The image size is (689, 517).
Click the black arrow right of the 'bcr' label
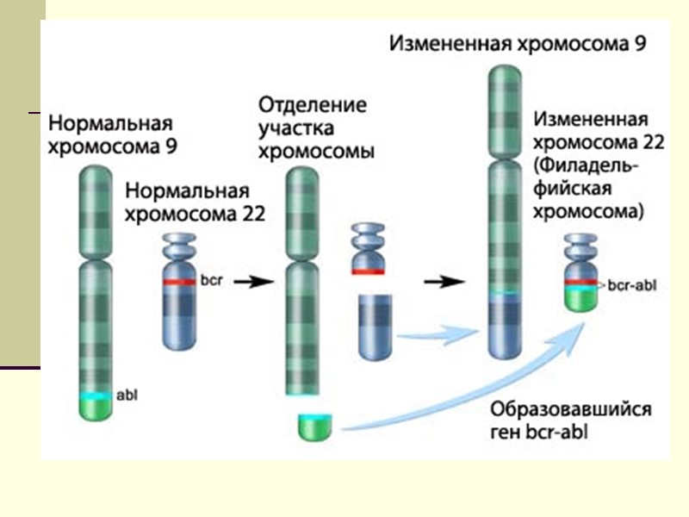coord(251,281)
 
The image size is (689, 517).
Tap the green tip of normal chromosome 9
coord(96,409)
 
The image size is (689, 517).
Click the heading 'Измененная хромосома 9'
coord(518,42)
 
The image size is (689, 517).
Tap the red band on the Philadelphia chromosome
coord(580,282)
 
